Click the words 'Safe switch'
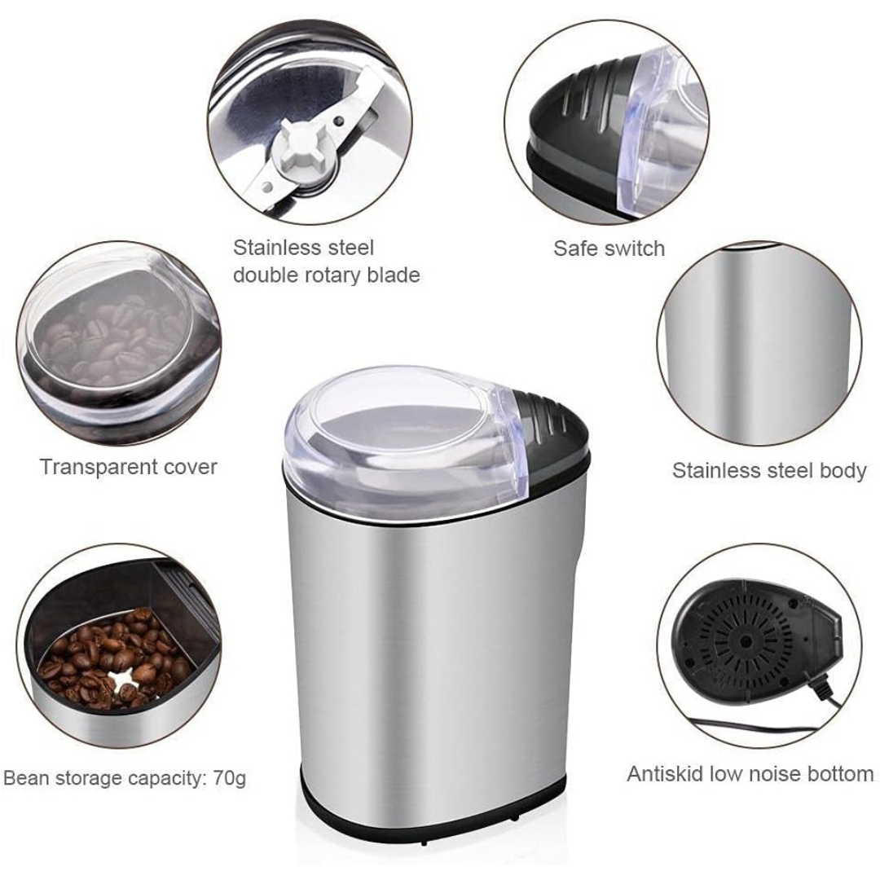pyautogui.click(x=609, y=248)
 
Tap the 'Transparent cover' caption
pyautogui.click(x=129, y=466)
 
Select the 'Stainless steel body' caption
pyautogui.click(x=769, y=470)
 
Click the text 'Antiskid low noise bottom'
pyautogui.click(x=750, y=774)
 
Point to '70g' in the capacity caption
pyautogui.click(x=230, y=779)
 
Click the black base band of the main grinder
pyautogui.click(x=432, y=816)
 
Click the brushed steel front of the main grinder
pyautogui.click(x=426, y=645)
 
